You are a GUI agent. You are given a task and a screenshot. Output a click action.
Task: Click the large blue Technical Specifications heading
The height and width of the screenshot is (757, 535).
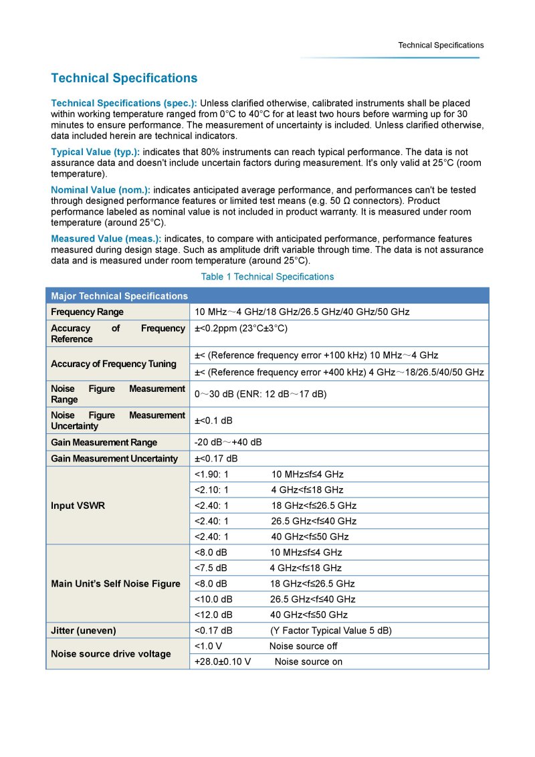click(x=124, y=78)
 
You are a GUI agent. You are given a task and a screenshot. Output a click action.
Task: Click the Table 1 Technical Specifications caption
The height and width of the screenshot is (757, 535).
click(x=267, y=276)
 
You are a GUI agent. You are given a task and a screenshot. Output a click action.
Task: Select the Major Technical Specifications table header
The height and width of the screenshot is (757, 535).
click(x=119, y=296)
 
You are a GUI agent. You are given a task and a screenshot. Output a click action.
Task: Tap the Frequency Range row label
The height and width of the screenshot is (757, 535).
click(x=87, y=312)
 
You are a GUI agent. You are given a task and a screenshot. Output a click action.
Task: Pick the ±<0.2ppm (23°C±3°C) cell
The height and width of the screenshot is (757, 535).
click(x=241, y=328)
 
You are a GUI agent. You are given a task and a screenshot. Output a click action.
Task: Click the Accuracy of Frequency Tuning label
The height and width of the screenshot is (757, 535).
click(x=114, y=364)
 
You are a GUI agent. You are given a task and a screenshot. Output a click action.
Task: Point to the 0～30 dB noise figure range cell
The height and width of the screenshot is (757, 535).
click(x=260, y=394)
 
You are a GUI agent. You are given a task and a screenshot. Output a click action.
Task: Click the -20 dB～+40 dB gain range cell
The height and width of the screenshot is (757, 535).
click(x=228, y=442)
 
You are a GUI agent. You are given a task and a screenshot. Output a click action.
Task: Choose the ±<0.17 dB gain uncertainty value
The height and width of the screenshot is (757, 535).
click(x=216, y=458)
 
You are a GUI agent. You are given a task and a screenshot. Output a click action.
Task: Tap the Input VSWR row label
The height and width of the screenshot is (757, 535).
click(x=77, y=506)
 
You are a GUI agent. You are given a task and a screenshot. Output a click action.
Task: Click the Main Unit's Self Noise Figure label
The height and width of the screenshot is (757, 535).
click(x=116, y=584)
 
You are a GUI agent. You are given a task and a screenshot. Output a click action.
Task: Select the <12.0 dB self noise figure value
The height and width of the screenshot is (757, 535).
click(x=213, y=615)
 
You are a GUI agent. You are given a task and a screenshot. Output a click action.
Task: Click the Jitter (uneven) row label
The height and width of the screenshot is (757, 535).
click(x=84, y=631)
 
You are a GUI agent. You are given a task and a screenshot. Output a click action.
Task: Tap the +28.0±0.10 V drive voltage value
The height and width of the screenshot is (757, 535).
click(x=223, y=661)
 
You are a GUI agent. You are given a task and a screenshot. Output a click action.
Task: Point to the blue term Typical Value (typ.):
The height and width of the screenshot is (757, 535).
click(x=96, y=152)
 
